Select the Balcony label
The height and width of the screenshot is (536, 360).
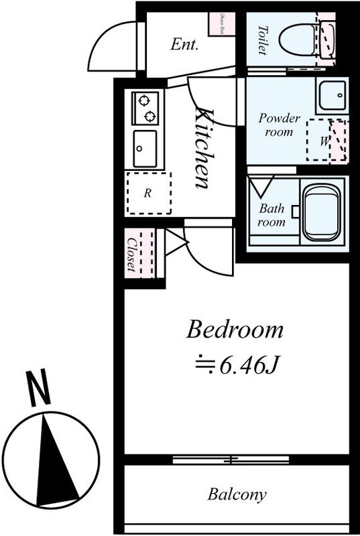(x=237, y=496)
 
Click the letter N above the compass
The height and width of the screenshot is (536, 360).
(x=39, y=389)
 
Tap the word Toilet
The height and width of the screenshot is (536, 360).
(x=262, y=39)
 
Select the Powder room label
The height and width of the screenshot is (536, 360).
(x=279, y=125)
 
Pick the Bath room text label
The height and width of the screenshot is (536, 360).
(x=272, y=215)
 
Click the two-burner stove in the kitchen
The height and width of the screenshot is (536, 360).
(x=145, y=109)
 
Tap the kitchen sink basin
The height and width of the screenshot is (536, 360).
(x=145, y=148)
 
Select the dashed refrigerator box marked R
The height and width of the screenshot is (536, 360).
(x=148, y=193)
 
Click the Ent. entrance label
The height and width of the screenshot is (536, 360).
(x=184, y=46)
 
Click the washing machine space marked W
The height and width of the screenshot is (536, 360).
(x=326, y=140)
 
